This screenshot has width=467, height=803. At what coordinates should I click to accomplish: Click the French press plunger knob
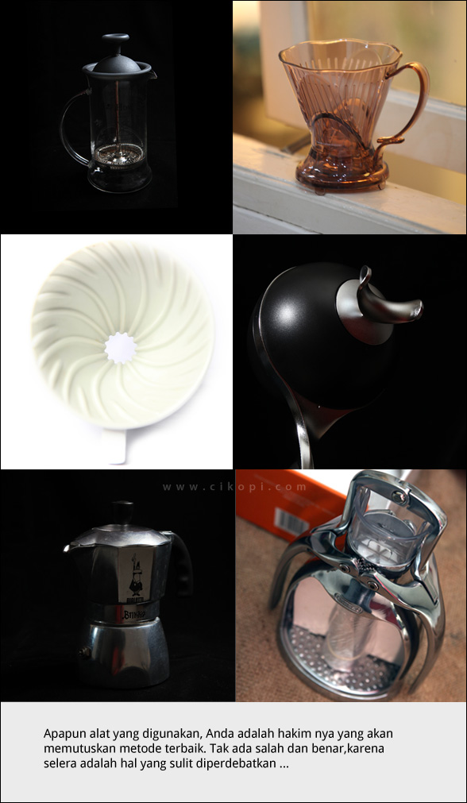(115, 39)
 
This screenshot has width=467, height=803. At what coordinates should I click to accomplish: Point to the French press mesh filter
(120, 153)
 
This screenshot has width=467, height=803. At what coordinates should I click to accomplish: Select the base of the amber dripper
(341, 176)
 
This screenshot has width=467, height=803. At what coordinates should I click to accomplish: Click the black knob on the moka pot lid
(123, 512)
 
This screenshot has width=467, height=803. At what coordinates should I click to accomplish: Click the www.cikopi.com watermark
(234, 487)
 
